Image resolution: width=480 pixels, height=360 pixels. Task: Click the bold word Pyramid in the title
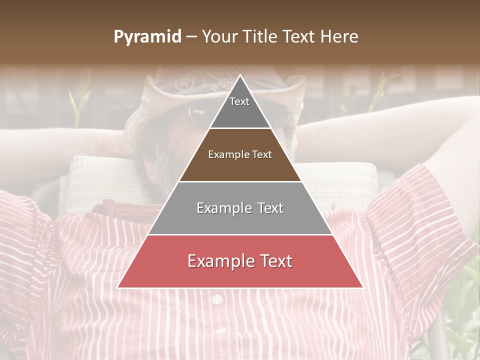pos(147,37)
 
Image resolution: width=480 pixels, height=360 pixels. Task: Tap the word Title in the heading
pos(260,37)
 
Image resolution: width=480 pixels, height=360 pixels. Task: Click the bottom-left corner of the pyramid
pos(118,287)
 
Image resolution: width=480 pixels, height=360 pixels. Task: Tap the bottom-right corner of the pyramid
pos(362,287)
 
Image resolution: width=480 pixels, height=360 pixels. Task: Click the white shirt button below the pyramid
pos(216,299)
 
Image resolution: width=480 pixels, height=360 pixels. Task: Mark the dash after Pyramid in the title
pos(191,37)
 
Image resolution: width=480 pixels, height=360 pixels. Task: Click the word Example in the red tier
pos(220,261)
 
